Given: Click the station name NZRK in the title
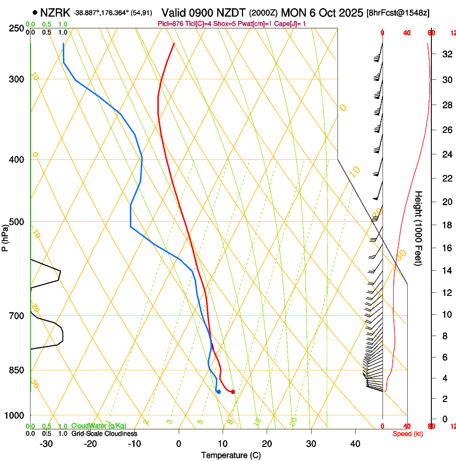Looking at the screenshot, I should [x=56, y=12].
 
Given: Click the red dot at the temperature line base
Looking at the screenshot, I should [x=233, y=392].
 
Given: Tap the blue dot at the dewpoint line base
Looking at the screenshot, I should [x=219, y=392].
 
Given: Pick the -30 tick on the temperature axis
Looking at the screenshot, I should [x=46, y=444].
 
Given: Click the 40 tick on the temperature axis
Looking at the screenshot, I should [x=355, y=444].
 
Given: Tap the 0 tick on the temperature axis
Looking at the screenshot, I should [x=179, y=444].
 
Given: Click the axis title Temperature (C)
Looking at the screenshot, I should [x=230, y=455].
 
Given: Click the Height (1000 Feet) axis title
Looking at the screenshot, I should [x=418, y=228].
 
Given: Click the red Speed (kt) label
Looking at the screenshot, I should [x=408, y=434].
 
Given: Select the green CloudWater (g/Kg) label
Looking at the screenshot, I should [x=99, y=426].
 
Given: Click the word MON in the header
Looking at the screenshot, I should [x=291, y=12].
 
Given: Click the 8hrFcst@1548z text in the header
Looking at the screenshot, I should [x=398, y=13].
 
